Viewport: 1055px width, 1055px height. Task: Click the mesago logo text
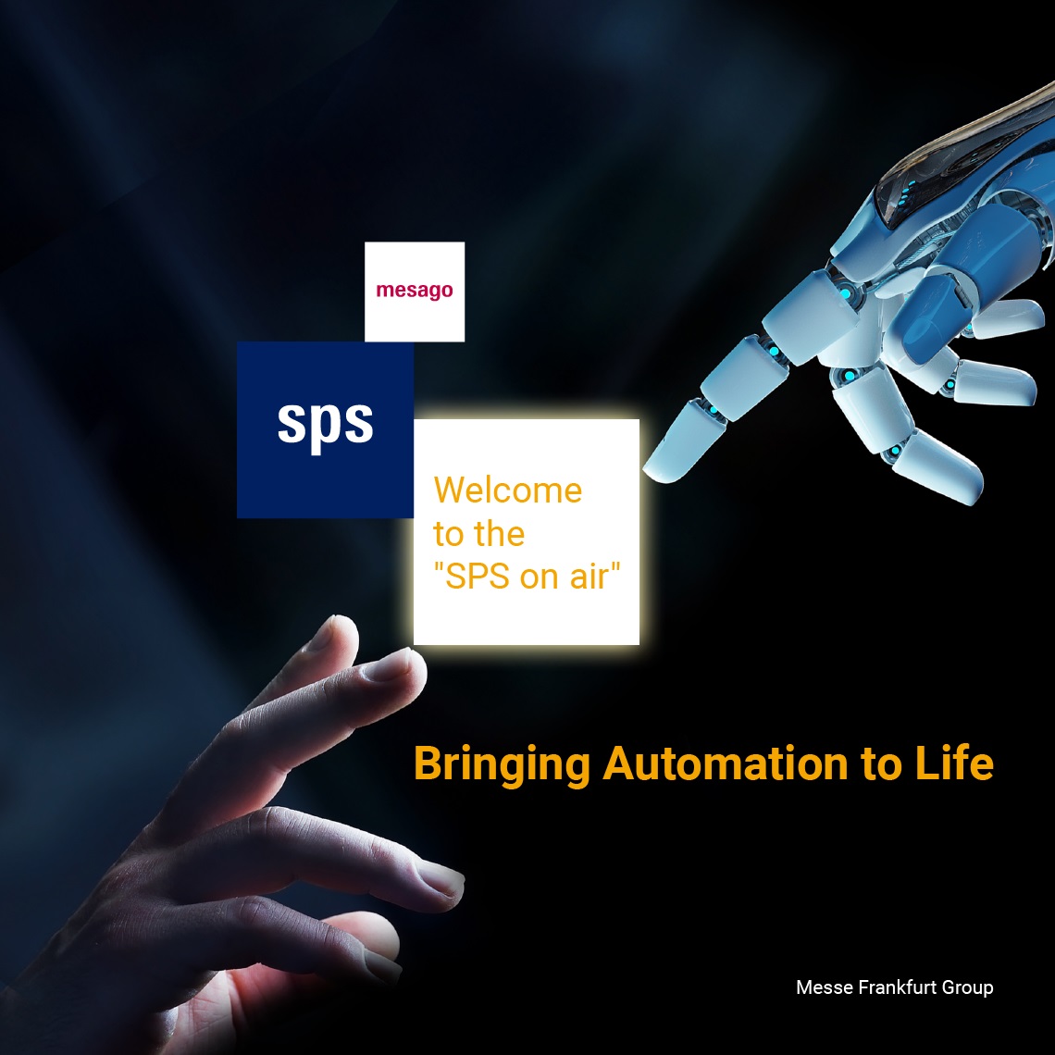(x=415, y=291)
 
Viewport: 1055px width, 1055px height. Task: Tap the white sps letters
(x=325, y=423)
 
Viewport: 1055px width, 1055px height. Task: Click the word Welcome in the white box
(x=508, y=490)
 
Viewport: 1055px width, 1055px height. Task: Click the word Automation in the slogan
(x=726, y=763)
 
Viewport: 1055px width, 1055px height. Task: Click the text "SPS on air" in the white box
(x=527, y=577)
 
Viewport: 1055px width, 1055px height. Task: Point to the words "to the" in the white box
(x=479, y=534)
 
